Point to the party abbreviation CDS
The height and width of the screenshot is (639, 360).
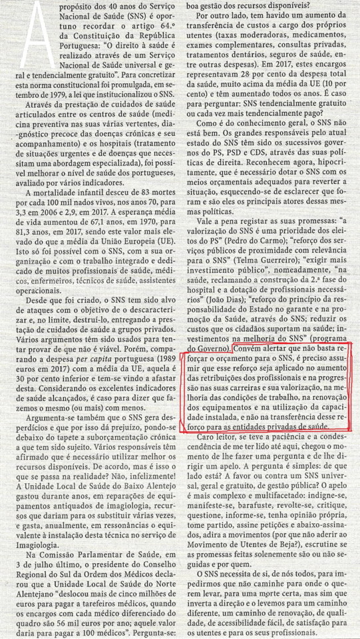[x=278, y=170]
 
